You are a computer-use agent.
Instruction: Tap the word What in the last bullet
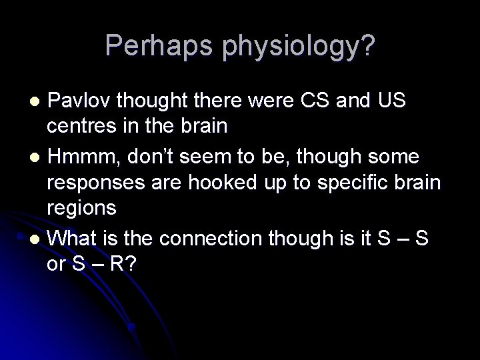[x=75, y=236]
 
